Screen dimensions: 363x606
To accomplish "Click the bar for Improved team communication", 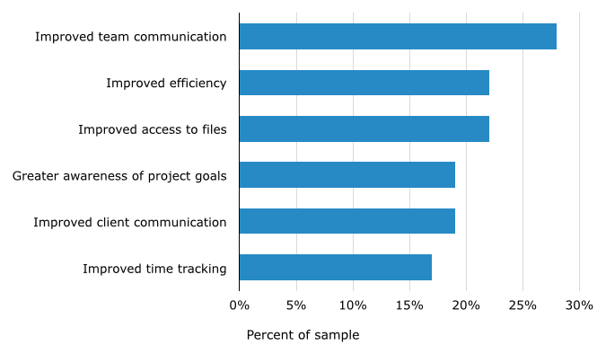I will (x=398, y=37).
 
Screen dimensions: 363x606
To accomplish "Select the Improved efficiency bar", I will (x=364, y=83).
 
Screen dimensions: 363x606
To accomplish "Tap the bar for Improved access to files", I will (x=364, y=128).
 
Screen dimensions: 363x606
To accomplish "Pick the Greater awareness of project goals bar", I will (x=347, y=174).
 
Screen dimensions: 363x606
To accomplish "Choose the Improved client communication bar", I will (x=347, y=221).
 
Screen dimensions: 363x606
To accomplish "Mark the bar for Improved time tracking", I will (x=335, y=267).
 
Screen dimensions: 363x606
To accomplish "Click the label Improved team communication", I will (x=130, y=37).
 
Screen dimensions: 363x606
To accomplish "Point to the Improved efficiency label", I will (x=166, y=84).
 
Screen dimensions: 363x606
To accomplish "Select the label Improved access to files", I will (x=152, y=129).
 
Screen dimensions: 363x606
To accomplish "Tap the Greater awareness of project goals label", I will (x=119, y=175).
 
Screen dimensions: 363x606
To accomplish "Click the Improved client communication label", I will (x=129, y=222).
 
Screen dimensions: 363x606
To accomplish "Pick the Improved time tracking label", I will (x=154, y=268).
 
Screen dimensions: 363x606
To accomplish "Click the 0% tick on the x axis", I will (x=240, y=305).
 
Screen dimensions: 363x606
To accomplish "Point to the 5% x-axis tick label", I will (x=296, y=305).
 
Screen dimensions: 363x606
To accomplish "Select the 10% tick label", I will (x=353, y=305).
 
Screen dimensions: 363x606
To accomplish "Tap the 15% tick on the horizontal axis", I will (x=409, y=305).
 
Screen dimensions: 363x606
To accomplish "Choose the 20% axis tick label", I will (x=466, y=305).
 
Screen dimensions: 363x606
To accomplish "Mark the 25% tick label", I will (x=523, y=305).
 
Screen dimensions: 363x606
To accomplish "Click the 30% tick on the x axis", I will (x=579, y=305).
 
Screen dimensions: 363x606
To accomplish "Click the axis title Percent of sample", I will (x=303, y=335).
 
